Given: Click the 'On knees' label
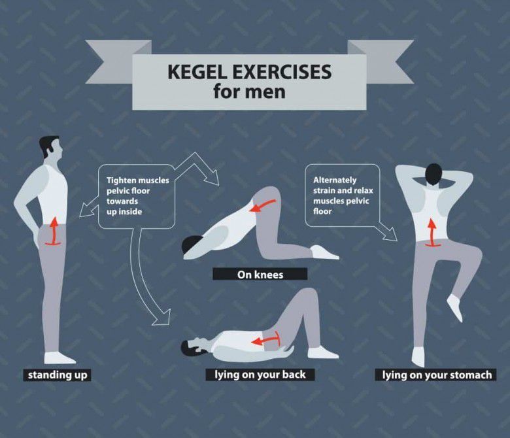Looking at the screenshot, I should pos(260,275).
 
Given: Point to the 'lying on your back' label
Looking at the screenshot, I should pos(260,375).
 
